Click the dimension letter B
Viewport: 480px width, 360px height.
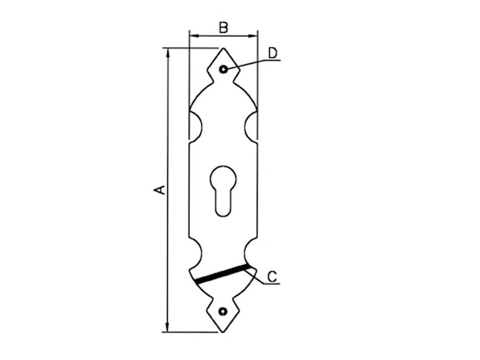(223, 27)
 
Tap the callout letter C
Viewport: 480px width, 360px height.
(272, 276)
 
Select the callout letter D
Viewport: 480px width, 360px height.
(273, 53)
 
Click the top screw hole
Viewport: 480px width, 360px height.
(223, 69)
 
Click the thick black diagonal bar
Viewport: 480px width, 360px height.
(222, 274)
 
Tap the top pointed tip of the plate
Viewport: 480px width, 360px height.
(223, 48)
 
